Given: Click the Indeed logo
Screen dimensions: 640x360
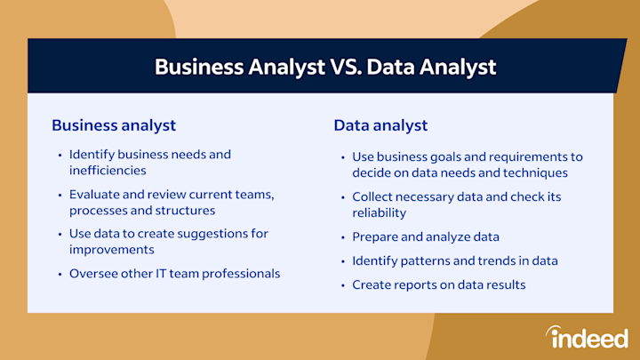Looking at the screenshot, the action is coord(588,337).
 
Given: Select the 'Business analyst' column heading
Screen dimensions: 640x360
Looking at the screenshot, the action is coord(114,125).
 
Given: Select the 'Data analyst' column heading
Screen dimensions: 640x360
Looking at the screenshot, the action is coord(380,125).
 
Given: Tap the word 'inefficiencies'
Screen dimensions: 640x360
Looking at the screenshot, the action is coord(108,170).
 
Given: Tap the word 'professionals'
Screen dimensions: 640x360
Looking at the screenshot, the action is coord(241,274).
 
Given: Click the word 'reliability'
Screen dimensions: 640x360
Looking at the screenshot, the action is coord(380,212).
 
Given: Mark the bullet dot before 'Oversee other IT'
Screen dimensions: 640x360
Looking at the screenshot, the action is coord(60,274).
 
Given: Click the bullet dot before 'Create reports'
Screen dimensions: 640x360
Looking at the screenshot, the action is coord(343,285).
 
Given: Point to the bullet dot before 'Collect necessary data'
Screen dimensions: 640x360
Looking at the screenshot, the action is coord(343,197).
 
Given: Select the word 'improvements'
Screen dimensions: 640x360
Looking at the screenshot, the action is coord(111,250).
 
